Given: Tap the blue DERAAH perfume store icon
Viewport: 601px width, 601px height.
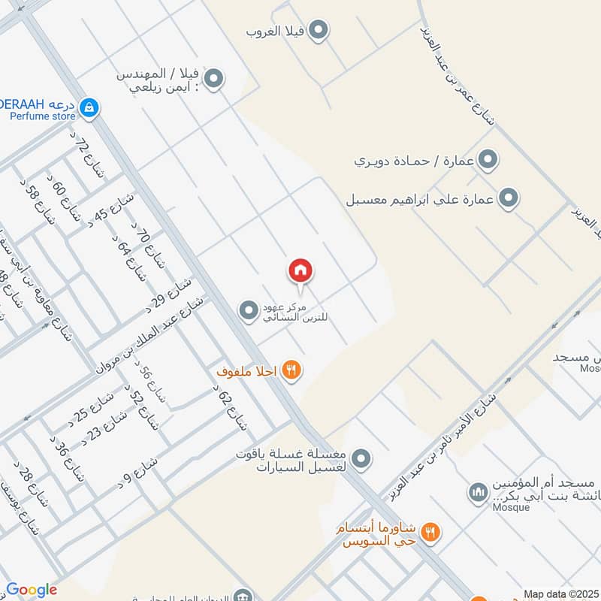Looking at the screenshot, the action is (89, 107).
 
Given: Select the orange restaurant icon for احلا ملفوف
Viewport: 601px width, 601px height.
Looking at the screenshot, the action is (293, 370).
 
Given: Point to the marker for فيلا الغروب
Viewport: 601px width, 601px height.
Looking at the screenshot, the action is (319, 31).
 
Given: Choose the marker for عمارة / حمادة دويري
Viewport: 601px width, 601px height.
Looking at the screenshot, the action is (488, 160).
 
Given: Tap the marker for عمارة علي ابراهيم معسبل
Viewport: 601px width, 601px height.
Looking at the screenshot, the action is (509, 198).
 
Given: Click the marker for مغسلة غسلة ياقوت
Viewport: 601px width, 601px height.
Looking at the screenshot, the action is (362, 457).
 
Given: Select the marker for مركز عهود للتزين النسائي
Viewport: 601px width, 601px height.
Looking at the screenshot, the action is (248, 310).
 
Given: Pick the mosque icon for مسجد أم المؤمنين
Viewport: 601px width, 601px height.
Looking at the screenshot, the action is (478, 493).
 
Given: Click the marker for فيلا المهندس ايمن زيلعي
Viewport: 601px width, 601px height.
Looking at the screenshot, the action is (214, 79).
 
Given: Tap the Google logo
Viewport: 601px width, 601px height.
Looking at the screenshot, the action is (31, 590).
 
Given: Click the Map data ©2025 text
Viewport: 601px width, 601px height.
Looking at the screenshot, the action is (560, 593).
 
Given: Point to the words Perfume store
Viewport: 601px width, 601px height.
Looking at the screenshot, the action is (43, 116).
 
